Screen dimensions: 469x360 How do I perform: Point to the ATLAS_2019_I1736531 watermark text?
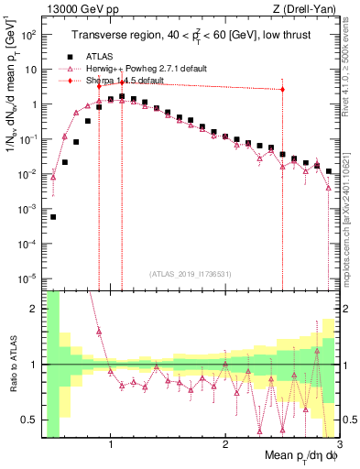(191, 274)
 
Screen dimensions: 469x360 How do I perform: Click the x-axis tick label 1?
(111, 446)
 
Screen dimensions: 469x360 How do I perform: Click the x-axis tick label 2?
(225, 446)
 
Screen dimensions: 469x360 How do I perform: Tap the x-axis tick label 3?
(338, 446)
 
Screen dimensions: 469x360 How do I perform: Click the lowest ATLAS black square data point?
(53, 217)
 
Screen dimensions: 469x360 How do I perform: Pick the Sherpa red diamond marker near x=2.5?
(282, 89)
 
